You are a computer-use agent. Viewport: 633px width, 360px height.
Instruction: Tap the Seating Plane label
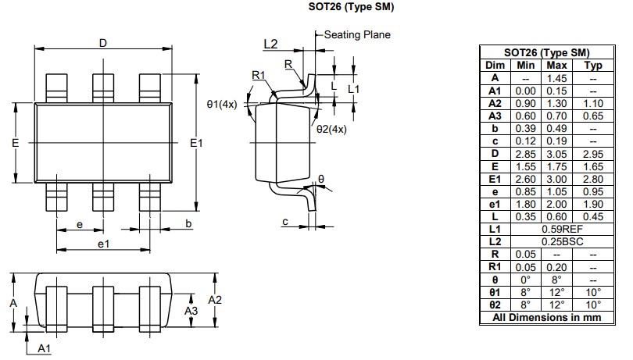pyautogui.click(x=356, y=34)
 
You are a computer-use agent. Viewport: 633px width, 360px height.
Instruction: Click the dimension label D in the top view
pyautogui.click(x=102, y=43)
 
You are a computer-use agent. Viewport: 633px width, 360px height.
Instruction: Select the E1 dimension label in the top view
pyautogui.click(x=196, y=143)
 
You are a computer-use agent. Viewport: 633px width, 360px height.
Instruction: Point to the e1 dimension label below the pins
pyautogui.click(x=102, y=244)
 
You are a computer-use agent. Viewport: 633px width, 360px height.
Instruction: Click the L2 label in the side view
pyautogui.click(x=270, y=44)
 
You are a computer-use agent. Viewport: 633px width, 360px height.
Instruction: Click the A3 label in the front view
pyautogui.click(x=191, y=311)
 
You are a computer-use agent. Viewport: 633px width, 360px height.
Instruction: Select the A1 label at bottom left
pyautogui.click(x=45, y=348)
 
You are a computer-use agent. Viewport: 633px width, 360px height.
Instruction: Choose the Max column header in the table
pyautogui.click(x=556, y=66)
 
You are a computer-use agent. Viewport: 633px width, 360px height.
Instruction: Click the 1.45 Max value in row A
pyautogui.click(x=556, y=78)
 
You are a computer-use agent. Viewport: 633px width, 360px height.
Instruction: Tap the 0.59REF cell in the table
pyautogui.click(x=563, y=230)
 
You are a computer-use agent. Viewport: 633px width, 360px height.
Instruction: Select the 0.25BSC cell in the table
pyautogui.click(x=563, y=242)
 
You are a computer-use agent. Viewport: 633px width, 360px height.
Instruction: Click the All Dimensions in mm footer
pyautogui.click(x=545, y=318)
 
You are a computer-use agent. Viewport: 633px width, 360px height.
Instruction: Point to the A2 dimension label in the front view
pyautogui.click(x=216, y=300)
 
